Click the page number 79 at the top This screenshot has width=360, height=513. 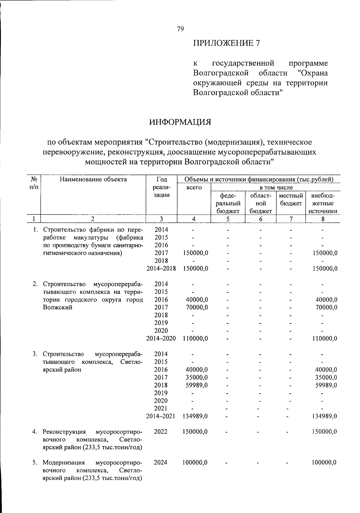click(x=180, y=29)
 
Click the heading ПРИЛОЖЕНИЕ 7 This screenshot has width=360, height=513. click(x=226, y=43)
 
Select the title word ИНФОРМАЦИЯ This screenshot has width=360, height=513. click(x=180, y=122)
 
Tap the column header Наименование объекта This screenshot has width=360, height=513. click(x=93, y=180)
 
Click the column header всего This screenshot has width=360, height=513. click(x=194, y=188)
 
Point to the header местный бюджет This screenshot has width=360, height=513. click(x=291, y=199)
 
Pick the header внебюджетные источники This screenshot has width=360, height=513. click(x=322, y=203)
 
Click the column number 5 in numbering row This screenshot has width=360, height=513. click(x=228, y=219)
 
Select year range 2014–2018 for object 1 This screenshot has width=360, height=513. click(x=161, y=268)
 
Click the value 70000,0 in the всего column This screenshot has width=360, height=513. click(x=195, y=307)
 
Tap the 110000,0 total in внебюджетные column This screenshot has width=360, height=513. click(x=324, y=339)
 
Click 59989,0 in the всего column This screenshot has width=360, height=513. click(x=195, y=385)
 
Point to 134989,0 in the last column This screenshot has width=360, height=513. click(x=324, y=416)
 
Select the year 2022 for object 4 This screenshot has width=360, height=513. click(x=161, y=432)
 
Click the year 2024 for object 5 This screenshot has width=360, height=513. click(x=161, y=463)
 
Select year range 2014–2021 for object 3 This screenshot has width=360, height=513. click(x=161, y=416)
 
